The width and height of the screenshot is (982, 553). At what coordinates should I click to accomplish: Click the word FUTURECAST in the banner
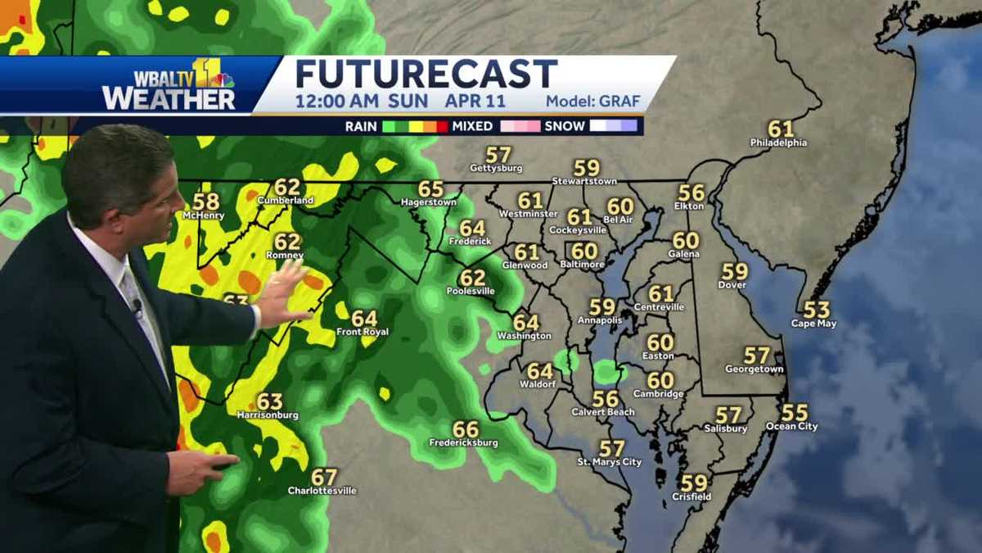click(x=426, y=75)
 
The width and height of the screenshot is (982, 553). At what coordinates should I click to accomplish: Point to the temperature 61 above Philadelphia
click(x=780, y=129)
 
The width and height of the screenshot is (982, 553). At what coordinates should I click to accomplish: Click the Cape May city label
click(x=814, y=323)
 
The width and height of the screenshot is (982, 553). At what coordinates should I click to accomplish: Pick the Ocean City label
click(x=791, y=426)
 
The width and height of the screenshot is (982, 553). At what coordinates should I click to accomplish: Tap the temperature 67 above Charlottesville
click(x=324, y=477)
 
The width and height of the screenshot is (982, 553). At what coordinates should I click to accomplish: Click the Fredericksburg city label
click(x=463, y=442)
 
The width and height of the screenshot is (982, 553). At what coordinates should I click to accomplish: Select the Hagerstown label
click(x=428, y=202)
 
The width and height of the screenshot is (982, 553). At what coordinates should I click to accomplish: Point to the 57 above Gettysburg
click(x=498, y=154)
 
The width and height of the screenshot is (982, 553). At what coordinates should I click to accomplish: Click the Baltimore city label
click(x=583, y=265)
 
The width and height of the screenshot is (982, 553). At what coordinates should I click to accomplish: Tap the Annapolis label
click(x=600, y=320)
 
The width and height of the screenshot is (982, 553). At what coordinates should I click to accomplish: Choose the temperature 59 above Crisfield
click(x=693, y=483)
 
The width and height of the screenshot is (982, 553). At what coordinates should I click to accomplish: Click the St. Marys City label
click(x=609, y=462)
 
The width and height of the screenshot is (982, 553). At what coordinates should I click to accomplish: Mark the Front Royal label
click(x=363, y=332)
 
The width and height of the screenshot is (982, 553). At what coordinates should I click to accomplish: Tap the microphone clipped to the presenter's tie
click(x=137, y=307)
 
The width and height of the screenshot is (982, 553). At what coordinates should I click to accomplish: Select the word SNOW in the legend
click(x=565, y=126)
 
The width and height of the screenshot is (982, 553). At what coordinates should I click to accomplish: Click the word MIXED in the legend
click(x=472, y=126)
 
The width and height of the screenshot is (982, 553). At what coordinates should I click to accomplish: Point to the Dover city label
click(x=732, y=284)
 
